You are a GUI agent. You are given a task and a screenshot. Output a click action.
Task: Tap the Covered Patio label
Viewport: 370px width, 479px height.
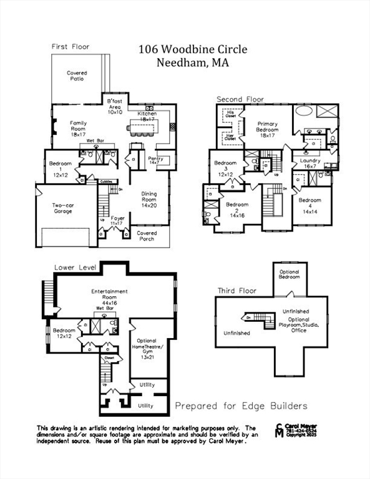click(77, 76)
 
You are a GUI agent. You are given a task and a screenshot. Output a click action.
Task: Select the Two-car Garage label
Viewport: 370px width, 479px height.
click(62, 208)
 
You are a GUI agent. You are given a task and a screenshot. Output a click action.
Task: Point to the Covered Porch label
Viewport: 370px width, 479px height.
click(147, 236)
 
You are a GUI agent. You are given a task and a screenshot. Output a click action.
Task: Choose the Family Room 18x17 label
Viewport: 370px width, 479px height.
click(78, 128)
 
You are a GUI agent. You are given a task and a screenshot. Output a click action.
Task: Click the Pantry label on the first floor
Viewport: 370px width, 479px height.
click(155, 162)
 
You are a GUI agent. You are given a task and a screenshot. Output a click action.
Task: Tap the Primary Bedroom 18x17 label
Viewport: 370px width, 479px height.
click(268, 129)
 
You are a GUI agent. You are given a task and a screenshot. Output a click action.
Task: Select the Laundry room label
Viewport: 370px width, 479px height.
click(310, 163)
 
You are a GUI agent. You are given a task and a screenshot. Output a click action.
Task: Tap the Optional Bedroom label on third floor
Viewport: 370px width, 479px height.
click(289, 274)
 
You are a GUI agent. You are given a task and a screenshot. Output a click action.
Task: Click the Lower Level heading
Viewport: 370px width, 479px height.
click(74, 266)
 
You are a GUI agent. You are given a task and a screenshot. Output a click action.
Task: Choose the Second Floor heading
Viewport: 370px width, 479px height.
click(240, 99)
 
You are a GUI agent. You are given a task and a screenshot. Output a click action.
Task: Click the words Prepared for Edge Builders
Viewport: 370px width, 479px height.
click(241, 406)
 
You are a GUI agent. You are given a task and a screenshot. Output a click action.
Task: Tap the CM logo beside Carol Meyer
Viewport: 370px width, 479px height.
click(278, 431)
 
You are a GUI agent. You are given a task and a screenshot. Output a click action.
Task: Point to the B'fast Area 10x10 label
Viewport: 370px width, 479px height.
click(115, 106)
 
